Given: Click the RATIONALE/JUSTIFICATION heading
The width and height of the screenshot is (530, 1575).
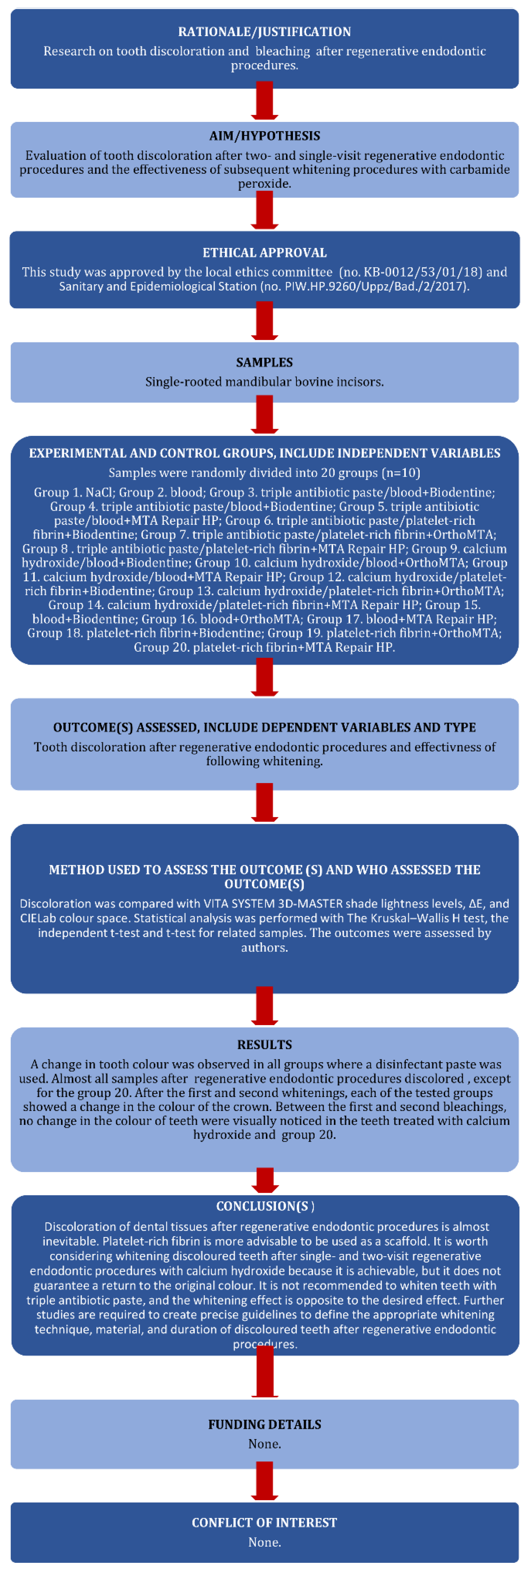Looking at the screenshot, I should click(264, 32).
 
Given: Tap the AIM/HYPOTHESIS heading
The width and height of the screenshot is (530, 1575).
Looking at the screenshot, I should click(264, 136).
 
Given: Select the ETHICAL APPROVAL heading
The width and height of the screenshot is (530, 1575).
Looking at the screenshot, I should click(264, 252).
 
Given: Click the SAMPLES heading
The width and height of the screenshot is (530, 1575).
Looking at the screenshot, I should click(264, 363).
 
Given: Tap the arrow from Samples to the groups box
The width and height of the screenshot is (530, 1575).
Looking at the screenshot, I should click(264, 416).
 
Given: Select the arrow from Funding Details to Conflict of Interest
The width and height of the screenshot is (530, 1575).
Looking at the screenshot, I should click(264, 1481).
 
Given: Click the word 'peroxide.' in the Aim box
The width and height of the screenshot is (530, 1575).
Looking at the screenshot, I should click(264, 183).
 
